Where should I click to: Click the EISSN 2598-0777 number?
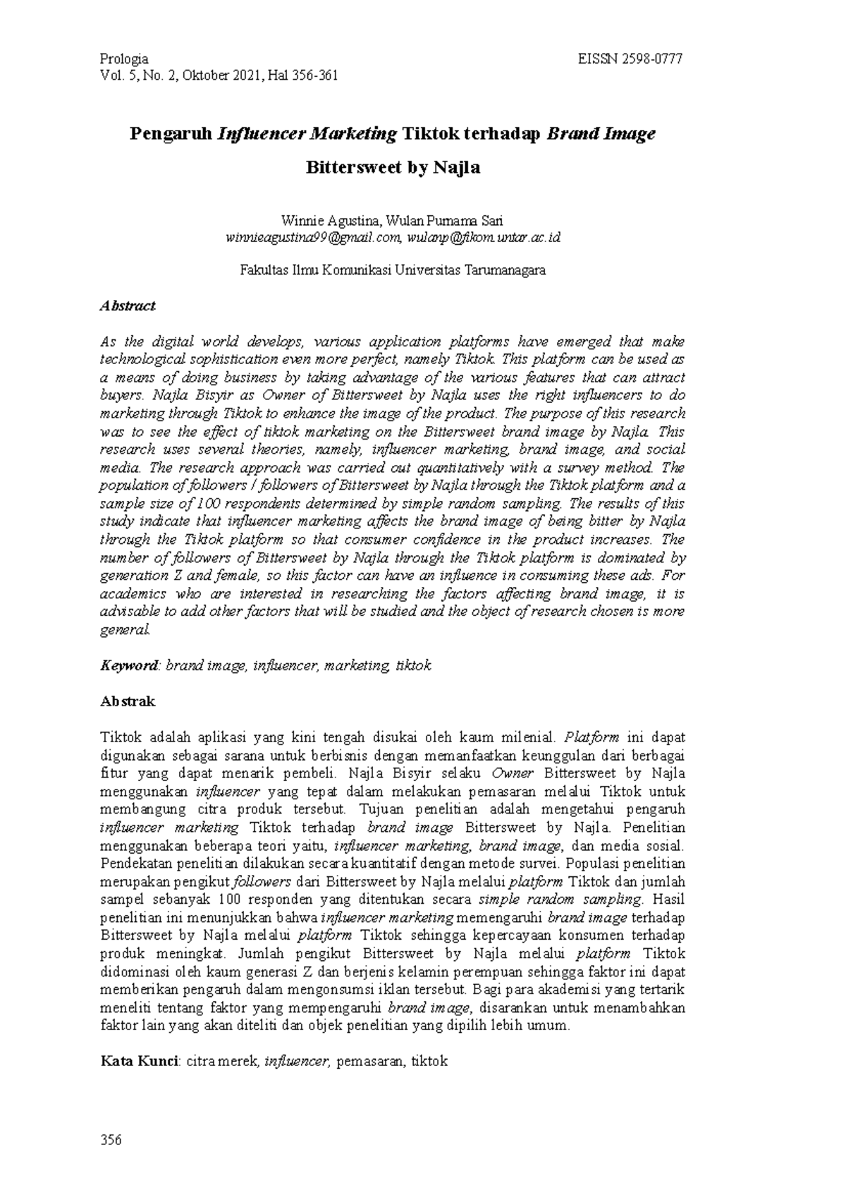point(630,59)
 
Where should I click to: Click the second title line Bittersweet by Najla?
point(393,168)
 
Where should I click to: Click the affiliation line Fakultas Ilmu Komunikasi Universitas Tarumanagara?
point(393,270)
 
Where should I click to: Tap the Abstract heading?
point(128,306)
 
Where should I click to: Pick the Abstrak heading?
point(128,702)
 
